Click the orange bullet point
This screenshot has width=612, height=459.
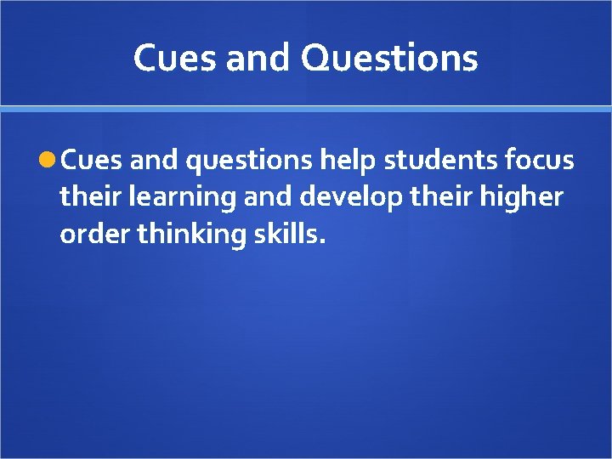click(x=49, y=160)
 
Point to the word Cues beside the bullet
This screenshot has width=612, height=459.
click(x=92, y=160)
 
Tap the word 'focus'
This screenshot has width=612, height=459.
click(x=541, y=160)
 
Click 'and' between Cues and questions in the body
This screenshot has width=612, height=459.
click(x=154, y=160)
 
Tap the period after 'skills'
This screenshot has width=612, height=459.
click(x=321, y=241)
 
